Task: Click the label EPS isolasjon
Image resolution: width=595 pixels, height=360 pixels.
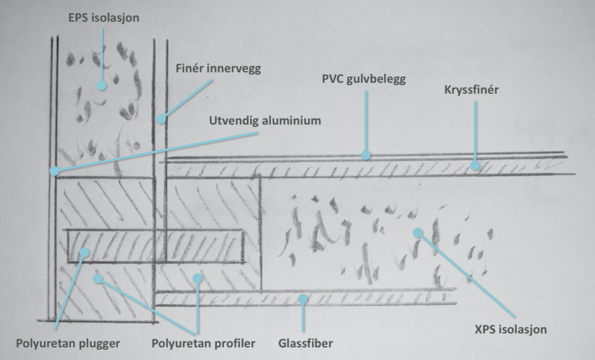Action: click(x=103, y=18)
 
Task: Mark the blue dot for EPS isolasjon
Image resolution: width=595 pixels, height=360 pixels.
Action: click(x=101, y=84)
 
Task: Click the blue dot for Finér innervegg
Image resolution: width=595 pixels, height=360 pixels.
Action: click(x=162, y=119)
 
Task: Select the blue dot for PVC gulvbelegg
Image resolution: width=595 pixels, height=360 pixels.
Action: click(x=366, y=155)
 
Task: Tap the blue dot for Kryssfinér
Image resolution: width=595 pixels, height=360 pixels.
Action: click(x=474, y=166)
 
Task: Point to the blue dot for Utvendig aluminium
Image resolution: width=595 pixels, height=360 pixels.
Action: click(x=55, y=170)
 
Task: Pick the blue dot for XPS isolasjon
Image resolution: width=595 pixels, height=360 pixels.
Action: click(x=417, y=233)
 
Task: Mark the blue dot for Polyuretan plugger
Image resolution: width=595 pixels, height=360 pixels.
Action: click(x=85, y=253)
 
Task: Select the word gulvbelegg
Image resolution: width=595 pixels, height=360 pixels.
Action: click(x=379, y=80)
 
